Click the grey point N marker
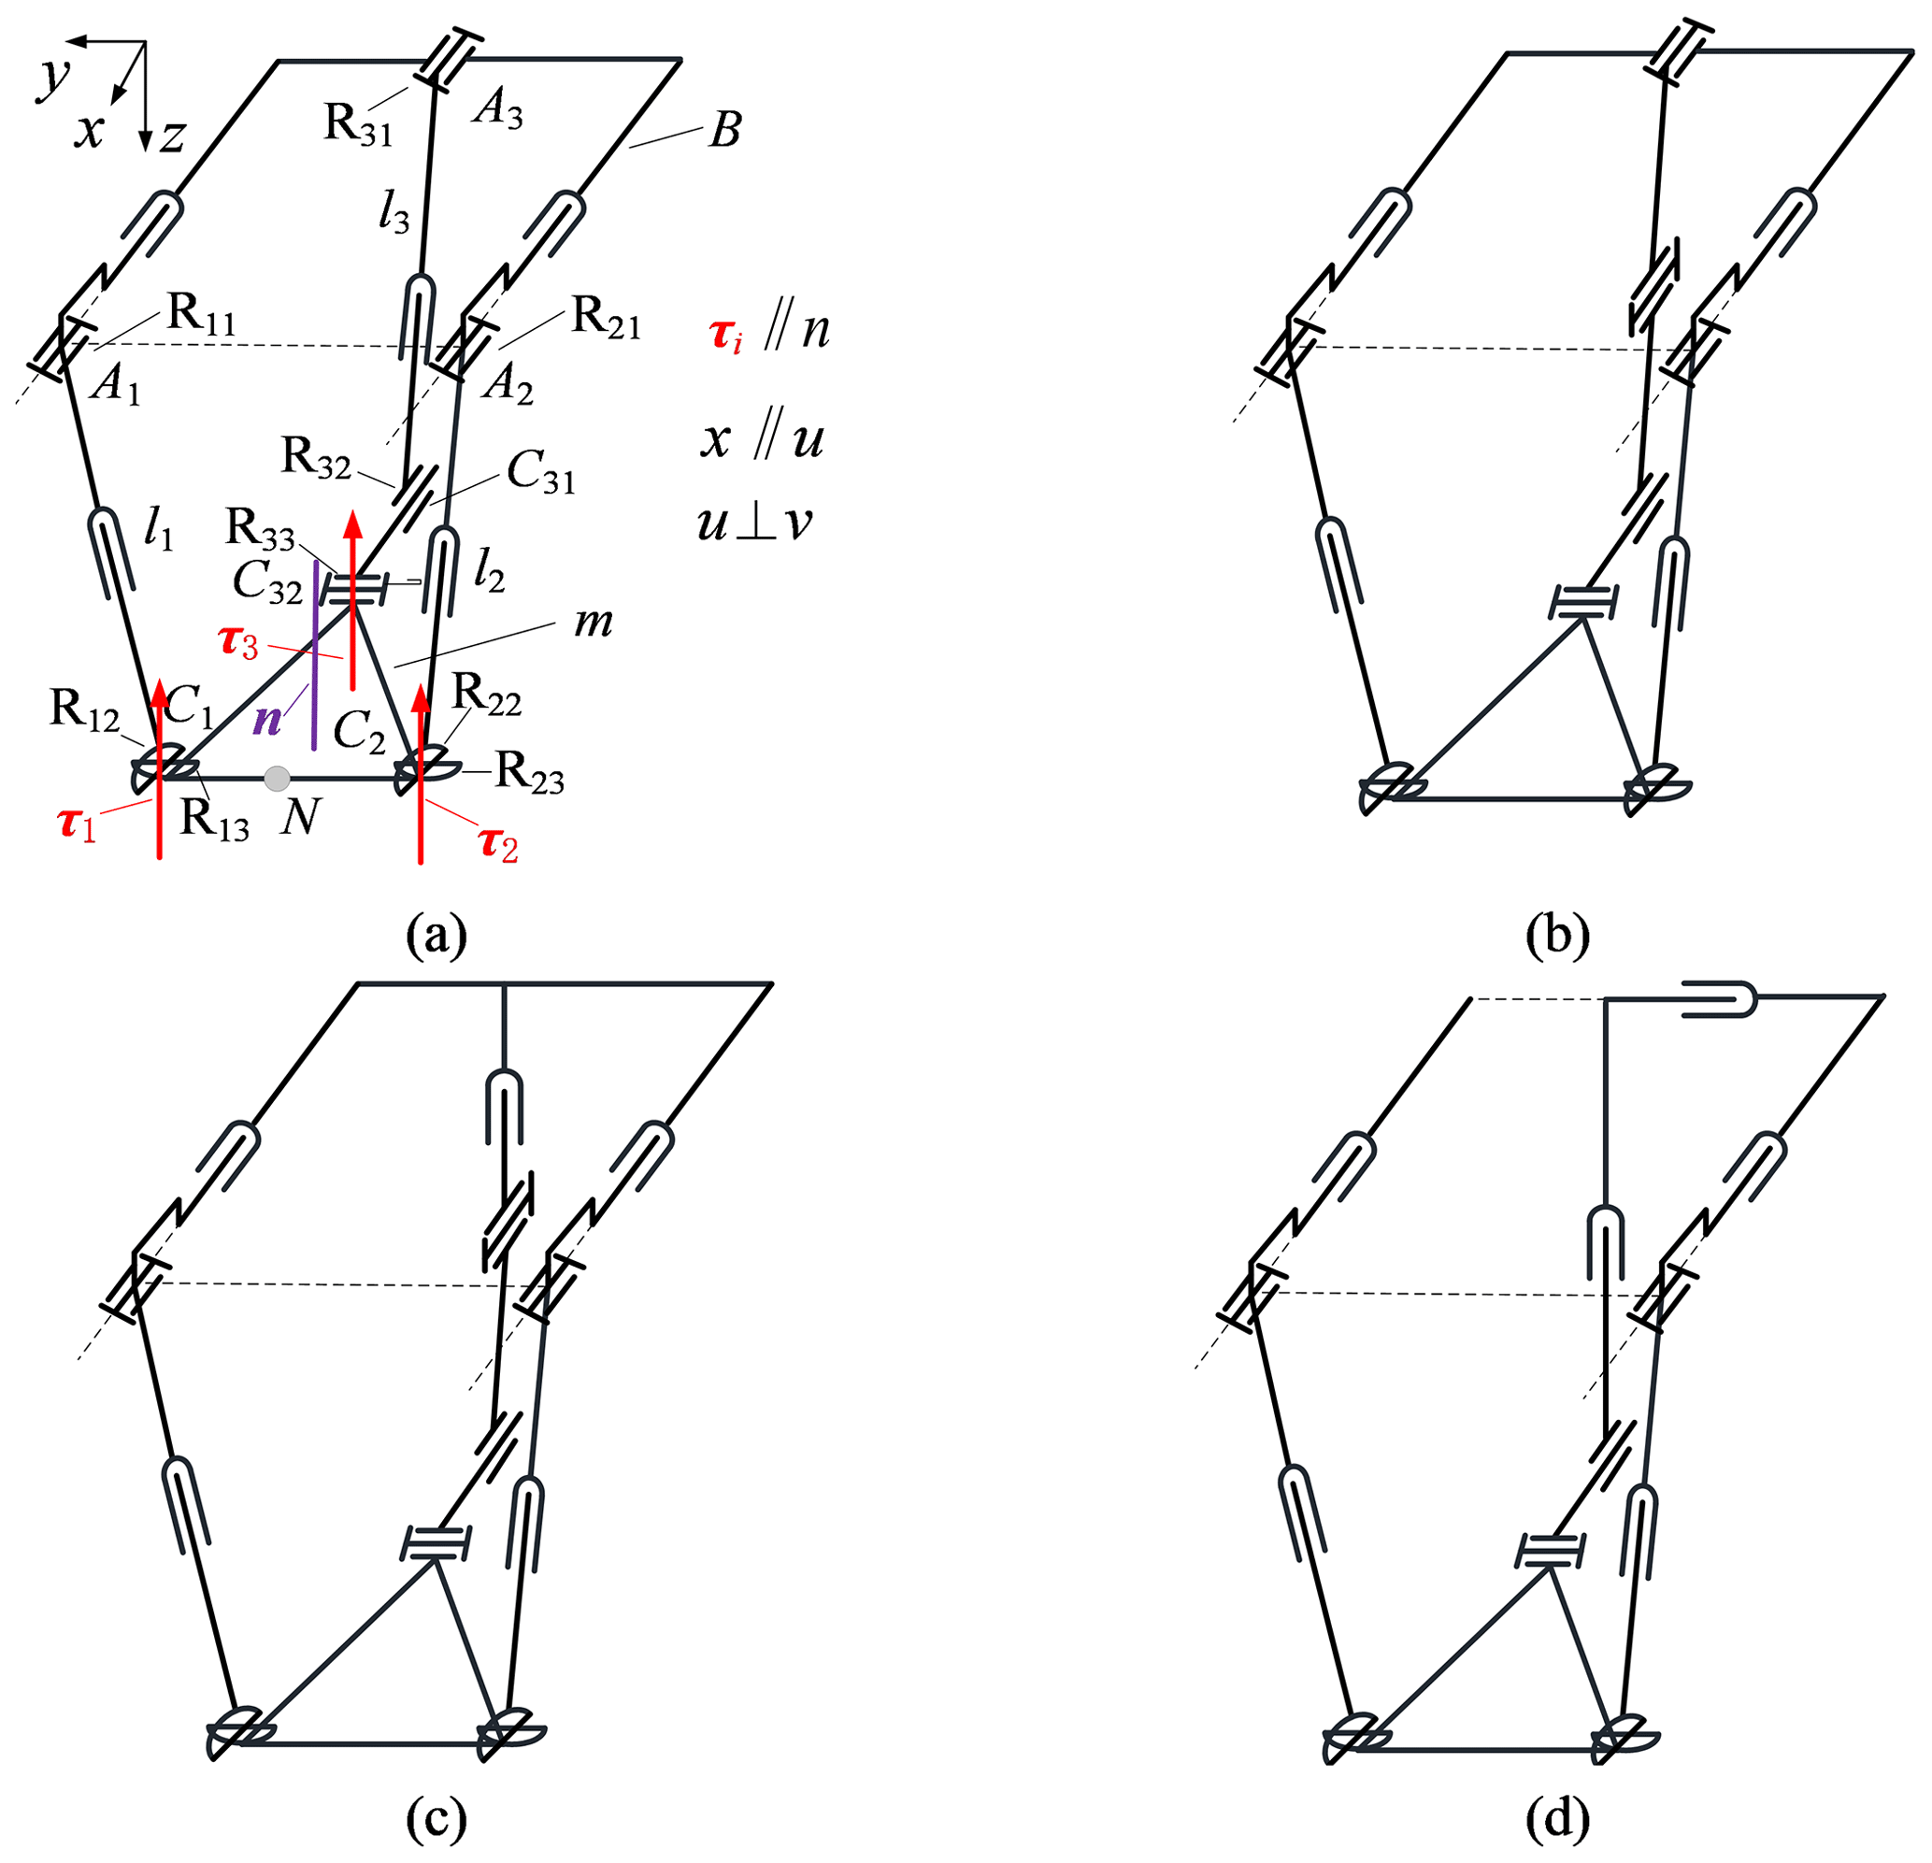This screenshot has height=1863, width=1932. pyautogui.click(x=277, y=779)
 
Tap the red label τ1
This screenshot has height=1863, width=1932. pyautogui.click(x=78, y=824)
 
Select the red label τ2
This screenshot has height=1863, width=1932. pyautogui.click(x=498, y=844)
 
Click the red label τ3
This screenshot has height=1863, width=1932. pyautogui.click(x=237, y=643)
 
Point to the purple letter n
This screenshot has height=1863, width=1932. pyautogui.click(x=267, y=721)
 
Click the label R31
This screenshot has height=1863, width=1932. pyautogui.click(x=359, y=125)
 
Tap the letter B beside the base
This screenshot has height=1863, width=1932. pyautogui.click(x=724, y=129)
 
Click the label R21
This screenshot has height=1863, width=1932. pyautogui.click(x=607, y=320)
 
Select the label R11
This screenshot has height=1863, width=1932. pyautogui.click(x=201, y=315)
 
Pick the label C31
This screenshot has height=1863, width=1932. pyautogui.click(x=540, y=475)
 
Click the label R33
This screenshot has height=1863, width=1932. pyautogui.click(x=260, y=530)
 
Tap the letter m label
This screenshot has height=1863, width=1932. pyautogui.click(x=593, y=622)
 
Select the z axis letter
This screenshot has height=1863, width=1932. pyautogui.click(x=173, y=136)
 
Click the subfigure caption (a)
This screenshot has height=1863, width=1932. pyautogui.click(x=436, y=935)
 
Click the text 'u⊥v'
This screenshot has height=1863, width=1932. pyautogui.click(x=754, y=523)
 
